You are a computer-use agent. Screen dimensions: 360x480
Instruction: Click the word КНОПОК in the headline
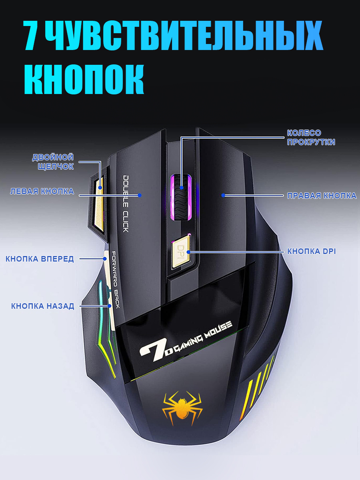click(x=84, y=79)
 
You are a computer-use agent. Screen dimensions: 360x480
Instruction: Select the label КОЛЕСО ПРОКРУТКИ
click(x=311, y=137)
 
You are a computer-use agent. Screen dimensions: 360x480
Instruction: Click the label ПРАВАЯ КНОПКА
click(x=322, y=196)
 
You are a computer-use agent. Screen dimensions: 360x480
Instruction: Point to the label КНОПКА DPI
click(x=312, y=251)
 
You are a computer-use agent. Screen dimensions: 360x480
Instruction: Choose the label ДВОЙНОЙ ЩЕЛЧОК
click(x=53, y=162)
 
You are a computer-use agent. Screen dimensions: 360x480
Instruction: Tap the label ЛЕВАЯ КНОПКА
click(x=42, y=191)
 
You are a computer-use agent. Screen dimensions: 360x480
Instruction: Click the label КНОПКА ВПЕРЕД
click(x=40, y=259)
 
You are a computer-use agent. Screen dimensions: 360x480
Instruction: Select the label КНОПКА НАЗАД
click(x=43, y=306)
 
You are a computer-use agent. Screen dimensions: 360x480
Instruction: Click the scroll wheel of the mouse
click(x=181, y=197)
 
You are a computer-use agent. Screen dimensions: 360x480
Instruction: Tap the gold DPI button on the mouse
click(x=181, y=252)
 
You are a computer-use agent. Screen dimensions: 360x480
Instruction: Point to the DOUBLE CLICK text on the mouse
click(x=126, y=204)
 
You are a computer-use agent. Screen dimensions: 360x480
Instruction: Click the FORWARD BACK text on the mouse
click(x=116, y=280)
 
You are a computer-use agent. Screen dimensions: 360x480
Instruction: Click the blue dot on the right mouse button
click(x=223, y=195)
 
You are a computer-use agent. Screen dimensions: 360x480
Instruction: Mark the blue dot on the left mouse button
click(x=140, y=195)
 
